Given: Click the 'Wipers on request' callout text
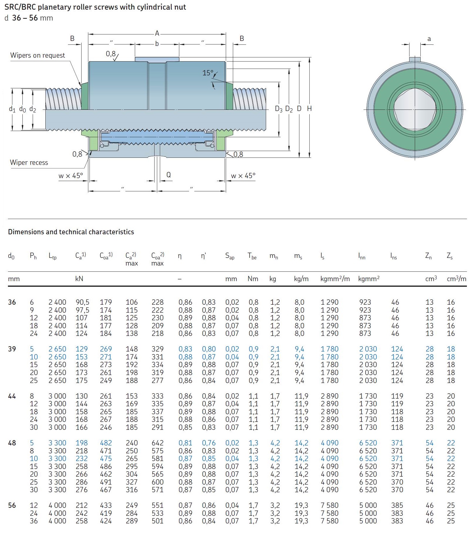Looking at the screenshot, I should (x=37, y=55).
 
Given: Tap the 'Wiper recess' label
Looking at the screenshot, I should (x=29, y=163).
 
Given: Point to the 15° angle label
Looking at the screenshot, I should (x=208, y=73).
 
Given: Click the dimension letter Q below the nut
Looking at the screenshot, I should (x=168, y=175).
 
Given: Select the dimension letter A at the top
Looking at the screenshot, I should (x=157, y=33).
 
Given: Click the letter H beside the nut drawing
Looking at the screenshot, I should (x=309, y=109).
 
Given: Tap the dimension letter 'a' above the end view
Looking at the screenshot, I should (x=429, y=39).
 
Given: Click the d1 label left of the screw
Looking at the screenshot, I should (x=12, y=109).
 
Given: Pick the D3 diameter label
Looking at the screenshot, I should (x=278, y=109).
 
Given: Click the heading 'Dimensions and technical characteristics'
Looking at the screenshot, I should (x=71, y=232).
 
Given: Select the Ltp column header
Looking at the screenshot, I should (x=52, y=256).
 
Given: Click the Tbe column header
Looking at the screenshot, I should (x=252, y=256).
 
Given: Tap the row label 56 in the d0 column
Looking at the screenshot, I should (x=12, y=505).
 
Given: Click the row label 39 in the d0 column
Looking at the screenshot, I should (x=12, y=349).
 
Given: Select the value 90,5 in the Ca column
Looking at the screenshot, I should (x=82, y=302).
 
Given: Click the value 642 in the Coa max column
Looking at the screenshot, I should (x=157, y=443).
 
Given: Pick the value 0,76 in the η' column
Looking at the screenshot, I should (x=208, y=443).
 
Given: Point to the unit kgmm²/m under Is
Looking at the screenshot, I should (x=335, y=278).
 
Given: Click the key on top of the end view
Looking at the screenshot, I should (x=415, y=59).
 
